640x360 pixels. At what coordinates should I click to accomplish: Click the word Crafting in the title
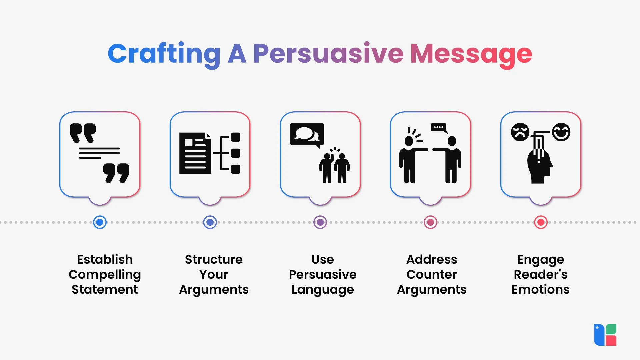tap(164, 55)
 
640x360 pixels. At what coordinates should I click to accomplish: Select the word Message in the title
tap(471, 55)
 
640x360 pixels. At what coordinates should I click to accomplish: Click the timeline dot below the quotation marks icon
tap(100, 222)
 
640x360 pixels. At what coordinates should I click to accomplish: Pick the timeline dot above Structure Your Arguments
tap(210, 222)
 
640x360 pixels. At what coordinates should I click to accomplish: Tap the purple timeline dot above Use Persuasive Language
tap(320, 222)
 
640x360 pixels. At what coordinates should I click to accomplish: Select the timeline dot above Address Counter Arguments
tap(431, 222)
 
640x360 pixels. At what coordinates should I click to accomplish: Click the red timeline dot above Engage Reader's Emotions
tap(541, 222)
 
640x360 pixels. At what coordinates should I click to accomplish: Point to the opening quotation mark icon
tap(83, 133)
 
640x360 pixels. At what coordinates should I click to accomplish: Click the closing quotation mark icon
tap(116, 173)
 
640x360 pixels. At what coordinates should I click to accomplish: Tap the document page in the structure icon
tap(195, 153)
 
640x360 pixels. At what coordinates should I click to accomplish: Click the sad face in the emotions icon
tap(520, 132)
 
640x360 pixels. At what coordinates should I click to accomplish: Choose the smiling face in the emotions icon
tap(561, 132)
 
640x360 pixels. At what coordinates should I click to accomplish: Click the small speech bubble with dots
tap(439, 128)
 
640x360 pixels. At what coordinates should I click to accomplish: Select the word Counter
tap(432, 274)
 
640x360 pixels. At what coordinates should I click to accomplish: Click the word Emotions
tap(540, 289)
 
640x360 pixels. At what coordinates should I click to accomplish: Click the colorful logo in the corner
tap(605, 335)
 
